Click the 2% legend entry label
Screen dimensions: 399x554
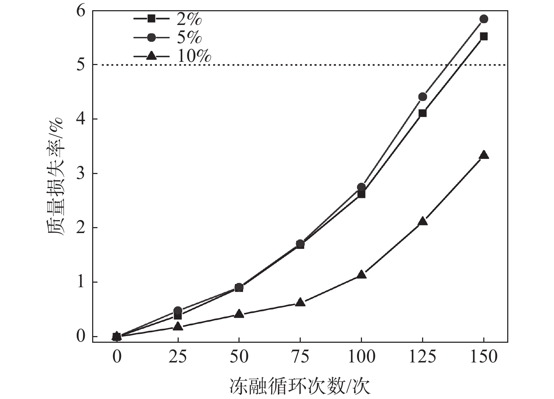[x=189, y=19]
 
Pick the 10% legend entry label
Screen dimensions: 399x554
[x=194, y=56]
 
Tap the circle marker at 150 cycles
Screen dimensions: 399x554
[x=484, y=19]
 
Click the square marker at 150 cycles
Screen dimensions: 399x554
[x=484, y=36]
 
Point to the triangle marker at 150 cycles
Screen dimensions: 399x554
[x=484, y=155]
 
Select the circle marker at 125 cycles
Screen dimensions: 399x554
[x=422, y=97]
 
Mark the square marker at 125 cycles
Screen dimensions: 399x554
[x=422, y=113]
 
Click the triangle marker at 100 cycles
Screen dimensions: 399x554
[x=361, y=275]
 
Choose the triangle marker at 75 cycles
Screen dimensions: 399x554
[x=300, y=302]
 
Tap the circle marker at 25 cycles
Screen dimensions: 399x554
[x=178, y=310]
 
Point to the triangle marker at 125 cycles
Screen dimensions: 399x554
[x=422, y=221]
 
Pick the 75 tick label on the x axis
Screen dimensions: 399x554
[x=300, y=356]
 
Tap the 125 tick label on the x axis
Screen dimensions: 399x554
[x=422, y=356]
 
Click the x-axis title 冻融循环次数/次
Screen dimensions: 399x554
[x=300, y=386]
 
